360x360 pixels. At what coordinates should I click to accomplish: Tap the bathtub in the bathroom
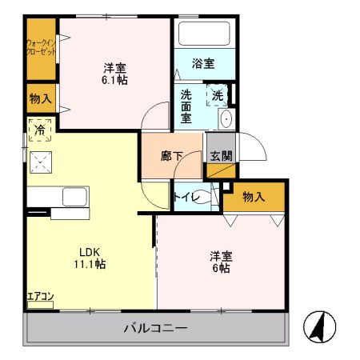203,34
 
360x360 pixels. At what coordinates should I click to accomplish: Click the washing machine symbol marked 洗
217,96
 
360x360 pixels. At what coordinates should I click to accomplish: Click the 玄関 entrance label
221,157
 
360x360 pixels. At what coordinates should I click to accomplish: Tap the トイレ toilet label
185,194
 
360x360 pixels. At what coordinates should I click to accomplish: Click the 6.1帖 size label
115,79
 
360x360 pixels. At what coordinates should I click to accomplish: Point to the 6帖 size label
221,269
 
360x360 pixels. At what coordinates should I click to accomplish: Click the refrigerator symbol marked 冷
38,129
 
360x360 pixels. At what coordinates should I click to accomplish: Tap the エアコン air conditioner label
40,298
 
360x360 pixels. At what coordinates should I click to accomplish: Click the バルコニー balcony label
155,328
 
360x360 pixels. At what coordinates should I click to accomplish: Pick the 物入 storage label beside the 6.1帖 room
40,98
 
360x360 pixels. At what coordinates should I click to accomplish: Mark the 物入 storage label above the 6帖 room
254,195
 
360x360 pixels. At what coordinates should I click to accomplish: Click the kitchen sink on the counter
74,197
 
